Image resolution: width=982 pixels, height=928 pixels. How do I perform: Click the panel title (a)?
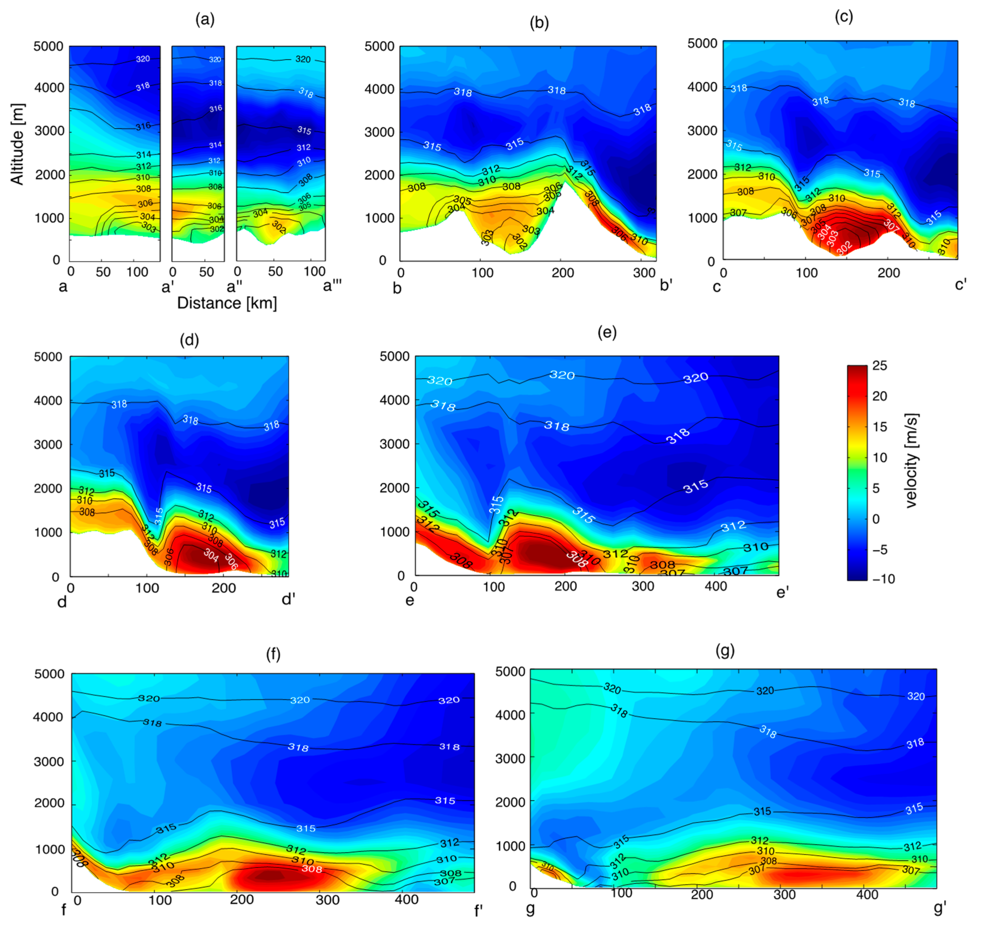205,19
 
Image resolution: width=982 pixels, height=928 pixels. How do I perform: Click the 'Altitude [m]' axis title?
17,144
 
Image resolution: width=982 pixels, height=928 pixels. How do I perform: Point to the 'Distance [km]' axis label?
227,303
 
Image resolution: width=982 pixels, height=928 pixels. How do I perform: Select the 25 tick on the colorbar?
879,365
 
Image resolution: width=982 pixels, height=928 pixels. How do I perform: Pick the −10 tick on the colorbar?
883,579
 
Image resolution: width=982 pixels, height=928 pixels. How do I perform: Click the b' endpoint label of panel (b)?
666,285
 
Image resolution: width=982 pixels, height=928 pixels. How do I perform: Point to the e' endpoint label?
782,592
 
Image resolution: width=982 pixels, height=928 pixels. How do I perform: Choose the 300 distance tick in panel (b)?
644,272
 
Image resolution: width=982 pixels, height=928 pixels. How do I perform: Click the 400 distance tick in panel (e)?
715,587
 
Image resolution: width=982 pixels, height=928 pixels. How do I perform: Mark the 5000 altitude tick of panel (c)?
702,43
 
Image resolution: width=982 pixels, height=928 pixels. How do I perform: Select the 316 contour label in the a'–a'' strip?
215,108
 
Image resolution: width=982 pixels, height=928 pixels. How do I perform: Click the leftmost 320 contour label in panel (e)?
439,380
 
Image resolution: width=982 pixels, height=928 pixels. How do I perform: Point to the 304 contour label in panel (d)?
211,555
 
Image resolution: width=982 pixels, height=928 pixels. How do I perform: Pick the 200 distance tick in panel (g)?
702,894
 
